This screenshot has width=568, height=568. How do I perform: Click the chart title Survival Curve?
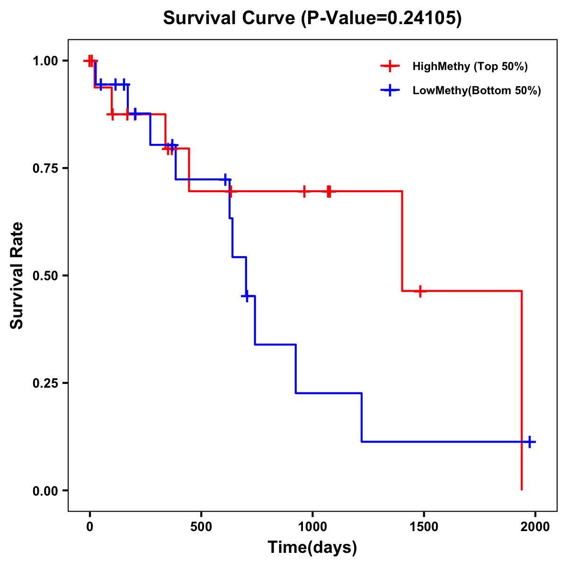pos(312,18)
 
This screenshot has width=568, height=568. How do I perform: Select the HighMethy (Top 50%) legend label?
pos(470,66)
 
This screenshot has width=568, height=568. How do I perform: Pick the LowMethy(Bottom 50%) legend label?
pos(476,90)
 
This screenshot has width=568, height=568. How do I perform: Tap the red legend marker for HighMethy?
pos(390,66)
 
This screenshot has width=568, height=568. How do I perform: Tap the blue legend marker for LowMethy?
pos(390,90)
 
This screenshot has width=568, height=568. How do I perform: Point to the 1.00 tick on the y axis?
pos(45,61)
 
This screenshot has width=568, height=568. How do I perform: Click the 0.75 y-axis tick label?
pos(45,168)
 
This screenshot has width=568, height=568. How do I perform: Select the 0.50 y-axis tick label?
pos(45,275)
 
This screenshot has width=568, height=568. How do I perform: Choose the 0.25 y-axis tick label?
pos(45,383)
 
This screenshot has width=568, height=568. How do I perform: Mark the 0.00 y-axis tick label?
pos(45,490)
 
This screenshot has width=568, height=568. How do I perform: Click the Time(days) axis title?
pos(312,548)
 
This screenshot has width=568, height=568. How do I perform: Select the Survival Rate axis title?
pos(17,275)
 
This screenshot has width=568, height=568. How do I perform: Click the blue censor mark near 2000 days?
pos(530,442)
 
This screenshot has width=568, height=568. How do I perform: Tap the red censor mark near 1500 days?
pos(419,291)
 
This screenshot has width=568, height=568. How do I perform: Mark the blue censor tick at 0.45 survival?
pos(246,296)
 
